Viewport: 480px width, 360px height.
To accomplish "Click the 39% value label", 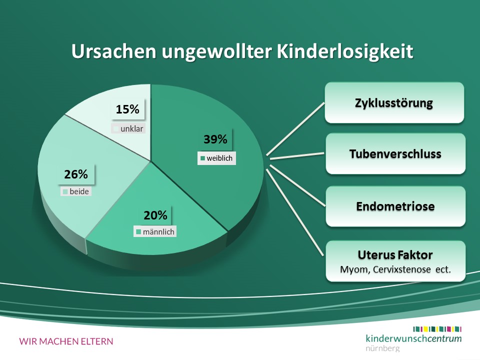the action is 215,139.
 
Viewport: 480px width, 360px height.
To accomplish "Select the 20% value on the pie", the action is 155,215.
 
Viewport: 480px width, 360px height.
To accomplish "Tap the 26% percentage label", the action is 76,174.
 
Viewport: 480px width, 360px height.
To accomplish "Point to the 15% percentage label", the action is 127,109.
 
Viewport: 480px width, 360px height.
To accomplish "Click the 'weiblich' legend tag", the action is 216,158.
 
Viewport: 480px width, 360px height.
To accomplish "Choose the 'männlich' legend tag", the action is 155,231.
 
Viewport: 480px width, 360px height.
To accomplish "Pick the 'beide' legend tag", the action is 76,191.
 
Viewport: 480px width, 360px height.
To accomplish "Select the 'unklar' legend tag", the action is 128,128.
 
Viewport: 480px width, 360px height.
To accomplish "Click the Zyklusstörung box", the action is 394,102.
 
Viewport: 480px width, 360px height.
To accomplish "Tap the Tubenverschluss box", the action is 395,153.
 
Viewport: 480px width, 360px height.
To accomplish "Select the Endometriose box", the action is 395,206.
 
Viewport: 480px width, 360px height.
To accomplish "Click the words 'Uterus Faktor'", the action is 395,254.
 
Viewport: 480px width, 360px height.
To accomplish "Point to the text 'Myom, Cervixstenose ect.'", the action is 395,269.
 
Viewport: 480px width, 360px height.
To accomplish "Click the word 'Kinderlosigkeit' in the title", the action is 345,51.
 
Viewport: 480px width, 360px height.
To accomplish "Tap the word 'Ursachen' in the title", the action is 114,51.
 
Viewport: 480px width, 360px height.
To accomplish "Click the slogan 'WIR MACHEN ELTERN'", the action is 66,341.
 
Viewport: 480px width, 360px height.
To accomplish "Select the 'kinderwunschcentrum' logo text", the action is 413,338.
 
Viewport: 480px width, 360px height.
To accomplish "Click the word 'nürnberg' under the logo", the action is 382,348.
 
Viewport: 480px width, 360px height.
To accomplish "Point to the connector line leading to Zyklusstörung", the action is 295,129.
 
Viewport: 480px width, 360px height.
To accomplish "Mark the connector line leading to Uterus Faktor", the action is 295,212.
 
